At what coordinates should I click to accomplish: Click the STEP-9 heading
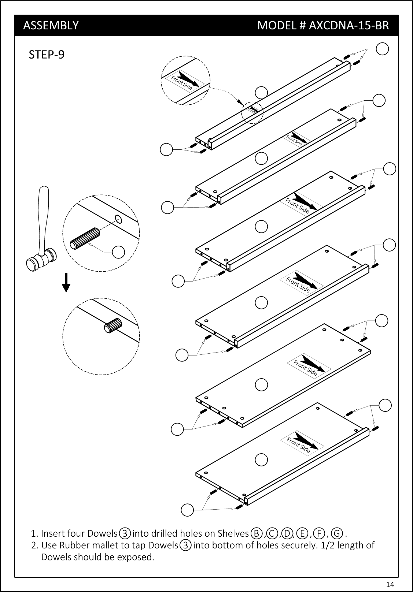coord(47,55)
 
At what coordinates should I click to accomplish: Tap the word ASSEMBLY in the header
coord(51,25)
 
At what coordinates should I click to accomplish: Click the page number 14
coord(390,584)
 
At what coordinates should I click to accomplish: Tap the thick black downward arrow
coord(66,283)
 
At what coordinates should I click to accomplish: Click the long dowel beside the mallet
coord(85,239)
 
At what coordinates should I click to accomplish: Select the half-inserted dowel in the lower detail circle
coord(113,325)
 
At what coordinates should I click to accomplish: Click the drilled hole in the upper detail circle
coord(118,219)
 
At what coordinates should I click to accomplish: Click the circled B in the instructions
coord(257,533)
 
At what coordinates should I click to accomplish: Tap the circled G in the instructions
coord(337,533)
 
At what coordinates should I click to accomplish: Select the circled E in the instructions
coord(302,533)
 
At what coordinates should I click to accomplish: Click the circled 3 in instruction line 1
coord(125,533)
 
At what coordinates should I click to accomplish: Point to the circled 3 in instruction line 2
coord(185,545)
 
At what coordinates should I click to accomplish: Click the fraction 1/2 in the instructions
coord(328,545)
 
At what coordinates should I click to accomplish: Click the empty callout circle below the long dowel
coord(118,252)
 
